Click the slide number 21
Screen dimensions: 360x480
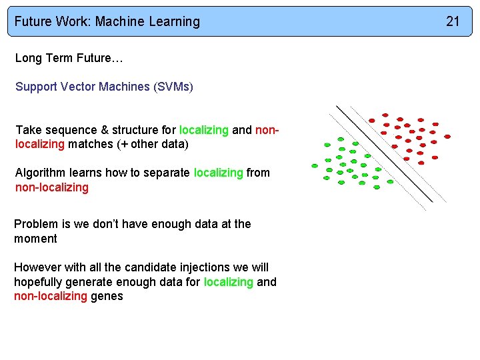click(x=453, y=21)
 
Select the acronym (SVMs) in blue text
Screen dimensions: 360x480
click(x=173, y=87)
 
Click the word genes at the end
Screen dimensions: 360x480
click(x=107, y=296)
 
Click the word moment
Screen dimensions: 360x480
click(x=35, y=239)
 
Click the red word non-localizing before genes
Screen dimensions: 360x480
click(x=51, y=296)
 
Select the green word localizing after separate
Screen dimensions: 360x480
click(x=218, y=173)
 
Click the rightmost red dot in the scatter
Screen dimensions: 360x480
click(x=447, y=136)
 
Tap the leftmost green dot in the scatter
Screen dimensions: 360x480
click(x=315, y=165)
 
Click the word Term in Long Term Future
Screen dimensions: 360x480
click(x=56, y=58)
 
